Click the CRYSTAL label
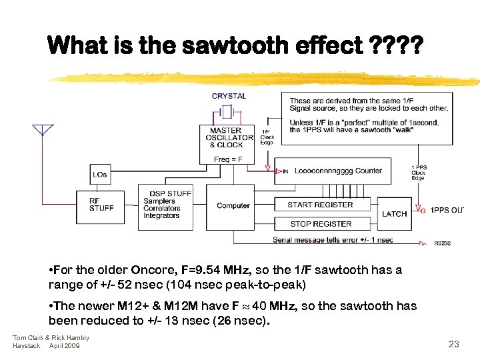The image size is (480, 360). (229, 96)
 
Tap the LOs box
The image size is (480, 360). (100, 175)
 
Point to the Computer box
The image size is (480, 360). (233, 205)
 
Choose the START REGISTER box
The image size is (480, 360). (320, 205)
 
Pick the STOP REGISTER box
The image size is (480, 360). (321, 224)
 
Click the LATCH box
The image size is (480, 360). (394, 214)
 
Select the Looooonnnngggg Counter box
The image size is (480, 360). (338, 171)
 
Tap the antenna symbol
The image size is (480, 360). (43, 129)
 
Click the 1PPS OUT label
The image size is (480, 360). (446, 210)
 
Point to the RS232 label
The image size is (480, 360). (442, 243)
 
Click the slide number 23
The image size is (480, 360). (454, 344)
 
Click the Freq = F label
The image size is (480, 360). (228, 159)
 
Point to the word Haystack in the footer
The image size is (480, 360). (27, 346)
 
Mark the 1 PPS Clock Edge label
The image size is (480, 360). (418, 172)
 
